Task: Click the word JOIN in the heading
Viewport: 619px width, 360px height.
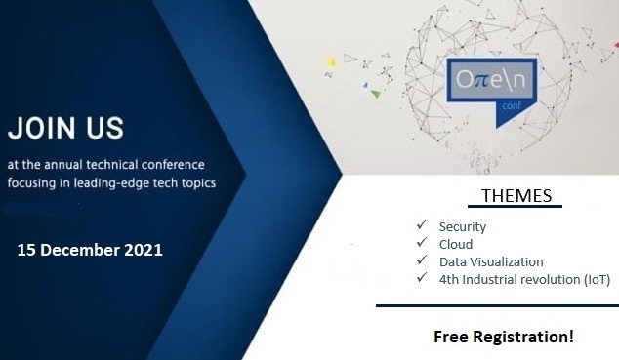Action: (41, 128)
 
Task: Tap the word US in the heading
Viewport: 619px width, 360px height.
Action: (105, 128)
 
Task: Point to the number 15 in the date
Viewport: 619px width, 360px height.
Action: (26, 250)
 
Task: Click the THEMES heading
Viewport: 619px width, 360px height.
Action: (516, 196)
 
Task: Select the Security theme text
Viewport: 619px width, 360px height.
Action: (463, 227)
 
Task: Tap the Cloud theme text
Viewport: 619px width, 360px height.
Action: (456, 245)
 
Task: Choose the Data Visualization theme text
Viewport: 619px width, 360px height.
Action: (491, 261)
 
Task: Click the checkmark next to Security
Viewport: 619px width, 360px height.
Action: (422, 224)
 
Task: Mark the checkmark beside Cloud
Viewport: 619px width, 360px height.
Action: (422, 242)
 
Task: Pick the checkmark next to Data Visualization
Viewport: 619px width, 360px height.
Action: (422, 260)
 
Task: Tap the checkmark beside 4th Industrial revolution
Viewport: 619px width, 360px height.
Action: (422, 278)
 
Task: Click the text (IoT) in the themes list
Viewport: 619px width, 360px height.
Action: (597, 280)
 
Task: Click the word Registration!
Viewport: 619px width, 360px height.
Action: (523, 338)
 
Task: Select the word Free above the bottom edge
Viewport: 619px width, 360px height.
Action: (451, 338)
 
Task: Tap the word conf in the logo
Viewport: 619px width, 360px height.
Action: (512, 105)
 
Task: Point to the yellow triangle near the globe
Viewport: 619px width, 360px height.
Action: (332, 62)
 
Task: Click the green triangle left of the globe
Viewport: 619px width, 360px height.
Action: (376, 94)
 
